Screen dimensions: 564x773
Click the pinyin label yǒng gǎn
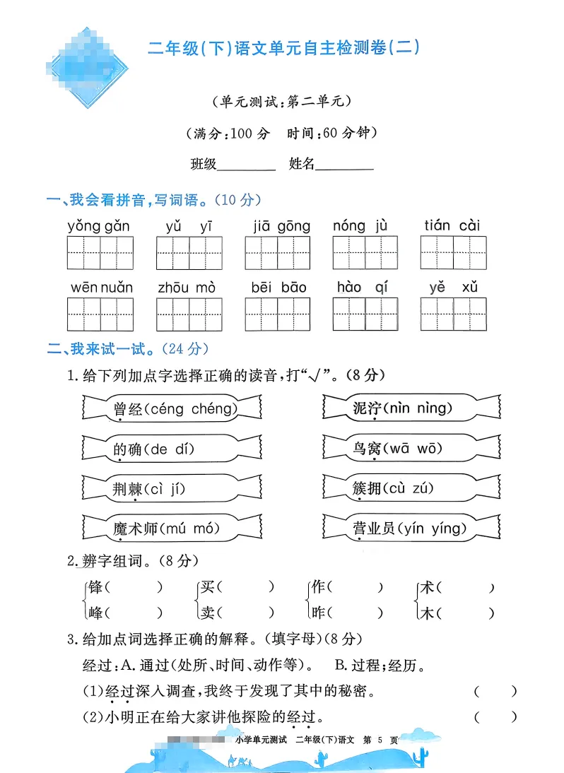[99, 226]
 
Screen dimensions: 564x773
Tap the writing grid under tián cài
[453, 253]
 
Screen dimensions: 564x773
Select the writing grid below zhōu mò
[189, 314]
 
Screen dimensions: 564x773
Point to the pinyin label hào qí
[363, 288]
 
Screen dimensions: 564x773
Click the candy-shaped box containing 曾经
[172, 408]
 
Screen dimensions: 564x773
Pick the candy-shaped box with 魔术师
[172, 528]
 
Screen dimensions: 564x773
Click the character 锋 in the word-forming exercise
[95, 587]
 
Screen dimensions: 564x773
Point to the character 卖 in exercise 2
[207, 613]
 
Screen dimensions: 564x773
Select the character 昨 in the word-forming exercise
[318, 613]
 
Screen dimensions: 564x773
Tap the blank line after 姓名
[345, 167]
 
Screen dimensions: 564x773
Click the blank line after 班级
[247, 167]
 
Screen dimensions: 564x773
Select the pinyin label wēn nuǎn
[102, 288]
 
